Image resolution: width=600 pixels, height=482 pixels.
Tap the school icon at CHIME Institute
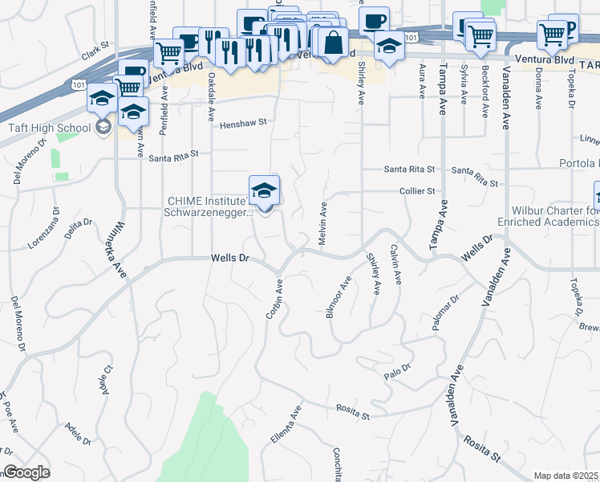tap(264, 191)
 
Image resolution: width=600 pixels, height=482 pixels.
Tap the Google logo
tap(26, 472)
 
